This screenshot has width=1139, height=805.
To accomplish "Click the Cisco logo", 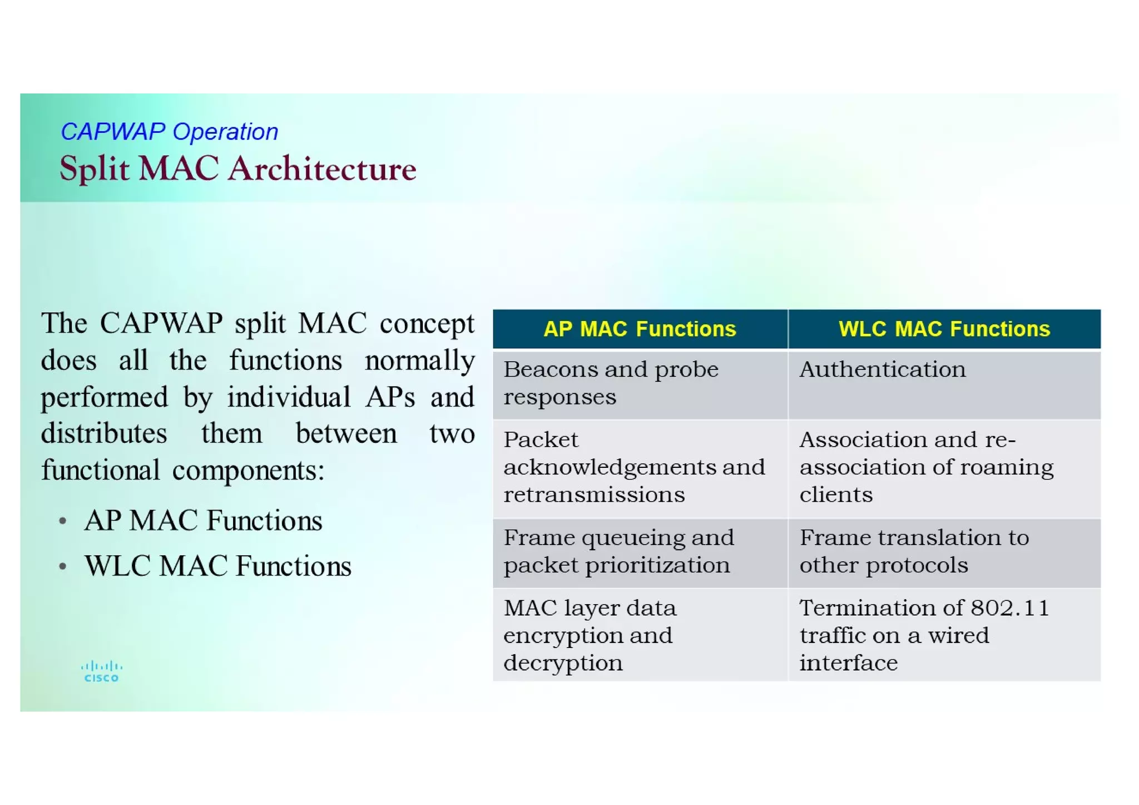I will (101, 671).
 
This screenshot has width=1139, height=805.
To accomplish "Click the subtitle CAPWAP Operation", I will (169, 132).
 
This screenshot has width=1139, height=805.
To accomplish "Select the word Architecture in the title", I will (322, 169).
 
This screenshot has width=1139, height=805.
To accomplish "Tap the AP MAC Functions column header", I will (640, 329).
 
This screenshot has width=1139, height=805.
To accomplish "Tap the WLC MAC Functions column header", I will (944, 329).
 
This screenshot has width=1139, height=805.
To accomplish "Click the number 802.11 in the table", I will (1009, 608).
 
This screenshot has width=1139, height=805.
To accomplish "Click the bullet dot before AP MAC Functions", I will (63, 521).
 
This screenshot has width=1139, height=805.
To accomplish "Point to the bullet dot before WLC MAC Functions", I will (63, 567).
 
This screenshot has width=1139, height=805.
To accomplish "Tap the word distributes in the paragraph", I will (104, 433).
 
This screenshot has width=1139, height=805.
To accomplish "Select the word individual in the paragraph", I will (289, 397).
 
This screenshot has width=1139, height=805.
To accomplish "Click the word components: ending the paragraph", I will (248, 471).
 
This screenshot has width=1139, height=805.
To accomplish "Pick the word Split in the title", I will (94, 169).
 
